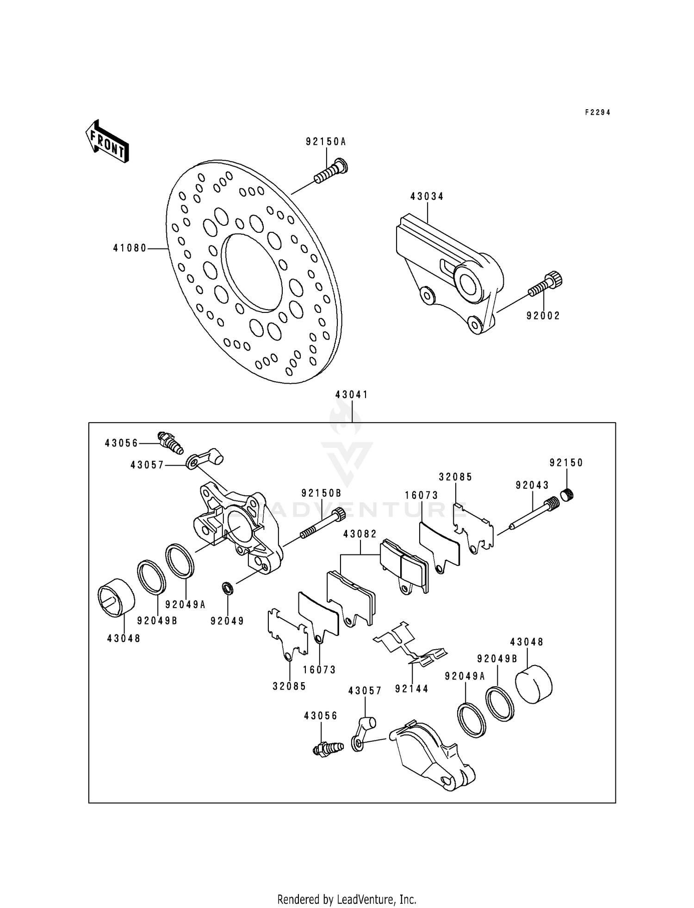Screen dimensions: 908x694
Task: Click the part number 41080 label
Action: coord(130,249)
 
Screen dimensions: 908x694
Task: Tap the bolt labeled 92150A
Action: coord(331,171)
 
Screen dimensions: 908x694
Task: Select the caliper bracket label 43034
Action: coord(427,197)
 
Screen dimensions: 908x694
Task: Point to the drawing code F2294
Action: coord(597,112)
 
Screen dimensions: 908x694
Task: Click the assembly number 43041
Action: coord(352,395)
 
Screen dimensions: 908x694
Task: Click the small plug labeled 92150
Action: coord(567,495)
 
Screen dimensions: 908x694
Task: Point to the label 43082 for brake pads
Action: coord(360,534)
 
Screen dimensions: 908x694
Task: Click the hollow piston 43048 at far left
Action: coord(116,597)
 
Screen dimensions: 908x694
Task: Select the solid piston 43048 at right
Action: coord(534,684)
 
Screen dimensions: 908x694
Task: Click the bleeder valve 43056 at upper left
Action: coord(170,443)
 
